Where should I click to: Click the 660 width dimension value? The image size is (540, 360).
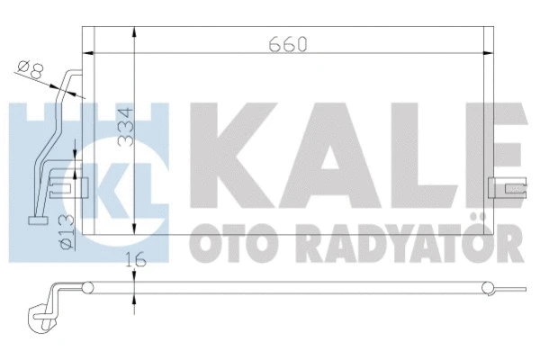(x=286, y=42)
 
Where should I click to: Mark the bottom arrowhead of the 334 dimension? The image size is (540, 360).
(x=134, y=229)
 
